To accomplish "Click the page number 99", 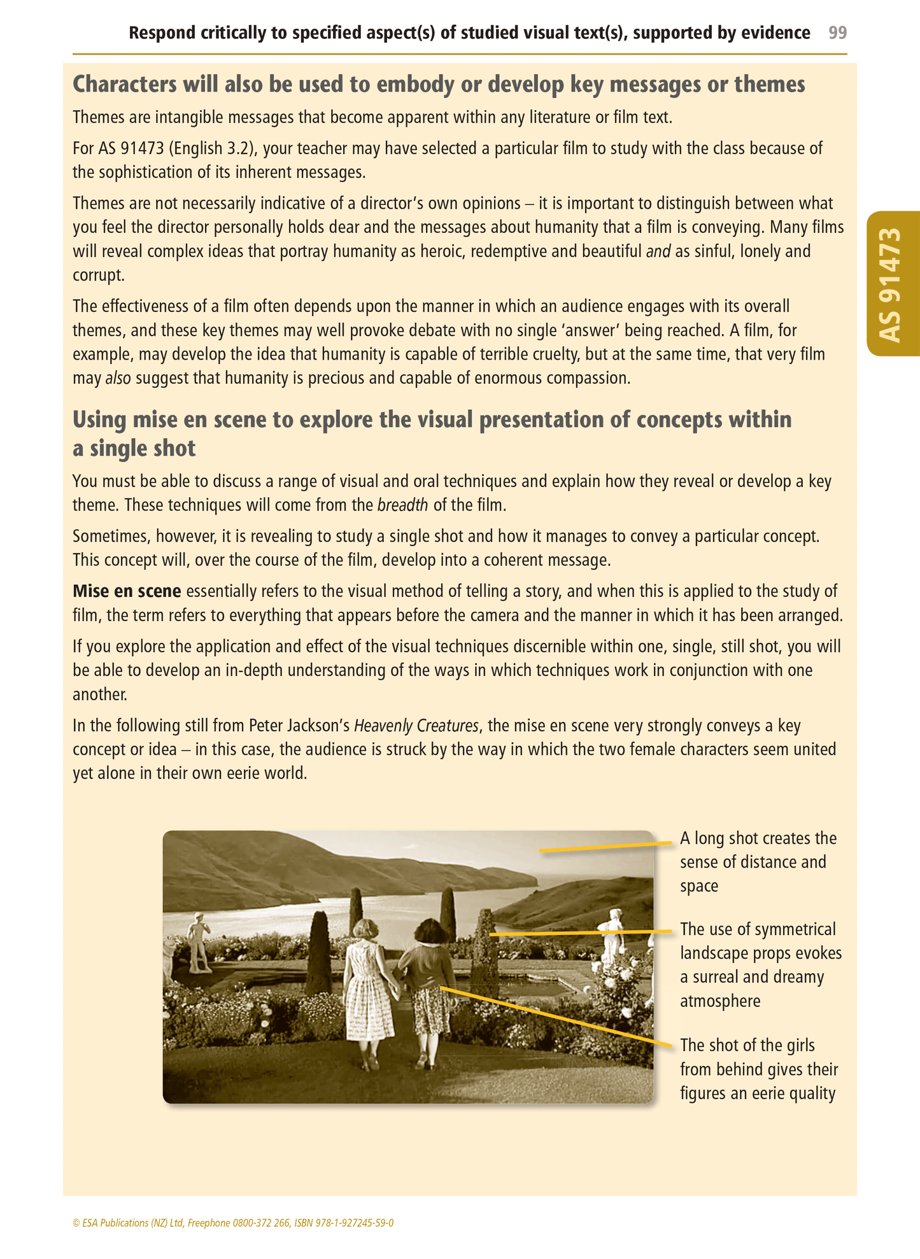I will click(x=837, y=32).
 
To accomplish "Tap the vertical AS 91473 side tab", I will click(x=892, y=284).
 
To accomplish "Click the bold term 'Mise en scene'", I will click(x=127, y=591).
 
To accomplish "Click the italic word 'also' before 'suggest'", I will click(x=118, y=378).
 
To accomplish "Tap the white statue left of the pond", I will click(x=198, y=942).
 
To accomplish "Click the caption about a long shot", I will click(x=758, y=862).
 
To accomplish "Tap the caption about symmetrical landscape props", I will click(x=760, y=965).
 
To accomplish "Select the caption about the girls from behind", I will click(x=758, y=1069).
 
